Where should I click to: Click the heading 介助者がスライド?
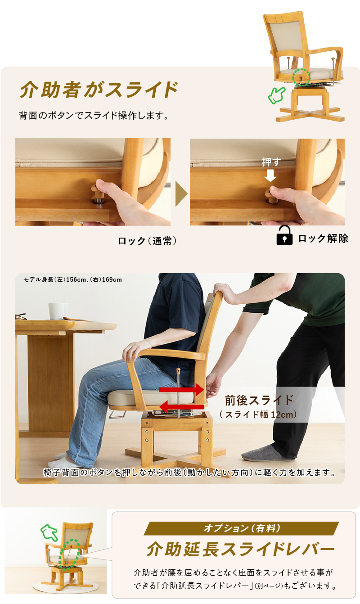pyautogui.click(x=99, y=90)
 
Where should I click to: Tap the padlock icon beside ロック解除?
pyautogui.click(x=284, y=235)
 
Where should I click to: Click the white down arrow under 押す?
pyautogui.click(x=270, y=176)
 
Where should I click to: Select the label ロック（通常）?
pyautogui.click(x=148, y=241)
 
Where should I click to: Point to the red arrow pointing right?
pyautogui.click(x=181, y=390)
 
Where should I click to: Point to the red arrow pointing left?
pyautogui.click(x=181, y=407)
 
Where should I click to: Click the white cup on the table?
pyautogui.click(x=58, y=311)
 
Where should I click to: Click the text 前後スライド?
pyautogui.click(x=259, y=401)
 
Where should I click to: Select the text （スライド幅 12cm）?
pyautogui.click(x=258, y=415)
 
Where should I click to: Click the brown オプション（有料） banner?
pyautogui.click(x=241, y=528)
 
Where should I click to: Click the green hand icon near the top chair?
pyautogui.click(x=276, y=95)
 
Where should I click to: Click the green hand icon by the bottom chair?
pyautogui.click(x=49, y=532)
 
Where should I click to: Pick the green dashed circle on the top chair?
pyautogui.click(x=301, y=77)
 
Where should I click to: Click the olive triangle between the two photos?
pyautogui.click(x=181, y=194)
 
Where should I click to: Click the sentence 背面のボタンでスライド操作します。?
pyautogui.click(x=94, y=115)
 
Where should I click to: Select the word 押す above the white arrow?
pyautogui.click(x=271, y=162)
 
